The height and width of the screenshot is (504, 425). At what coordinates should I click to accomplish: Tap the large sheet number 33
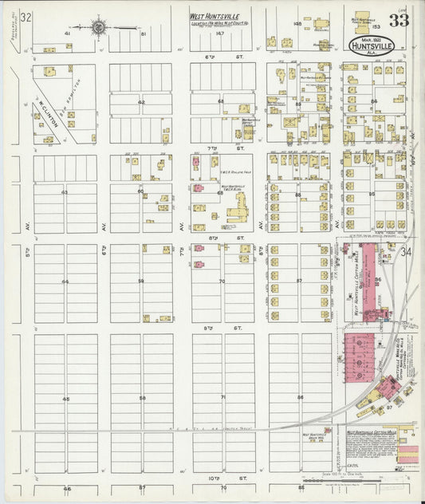coord(399,20)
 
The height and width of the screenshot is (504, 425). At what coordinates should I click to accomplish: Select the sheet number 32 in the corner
coord(26,17)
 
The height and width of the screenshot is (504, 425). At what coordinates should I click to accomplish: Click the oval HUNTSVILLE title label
coord(367,45)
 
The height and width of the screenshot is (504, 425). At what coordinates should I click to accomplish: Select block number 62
coord(141,102)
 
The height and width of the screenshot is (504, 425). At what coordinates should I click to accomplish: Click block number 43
coord(65,192)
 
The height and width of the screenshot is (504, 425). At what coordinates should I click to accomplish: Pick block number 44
coord(65,282)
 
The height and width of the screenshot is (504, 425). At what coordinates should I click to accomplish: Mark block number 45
coord(65,399)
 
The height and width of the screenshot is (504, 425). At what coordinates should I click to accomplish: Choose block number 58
coord(142,397)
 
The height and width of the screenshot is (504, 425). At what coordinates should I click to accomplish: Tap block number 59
coord(141,281)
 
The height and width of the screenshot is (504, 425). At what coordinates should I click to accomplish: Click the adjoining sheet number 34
coord(406,253)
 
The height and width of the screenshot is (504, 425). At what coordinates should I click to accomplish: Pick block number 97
coord(389,407)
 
